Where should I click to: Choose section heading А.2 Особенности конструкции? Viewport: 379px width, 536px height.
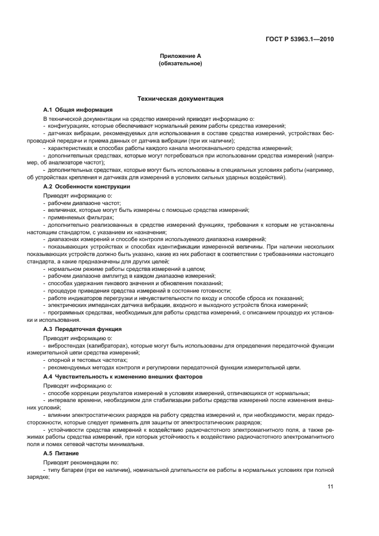tap(87, 187)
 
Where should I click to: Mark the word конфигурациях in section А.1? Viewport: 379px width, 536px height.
tap(69, 125)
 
